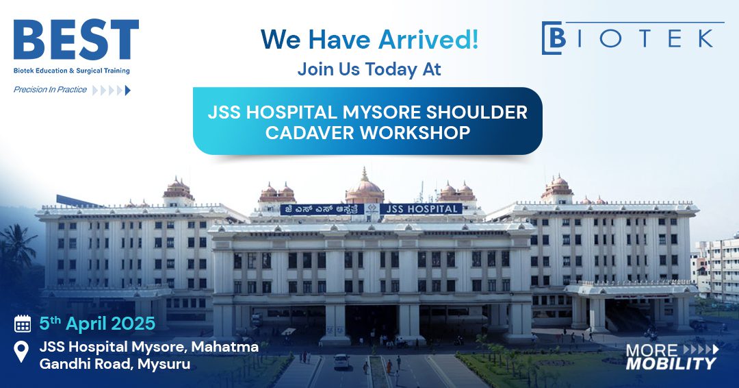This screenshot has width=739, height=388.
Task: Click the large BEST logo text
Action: (76, 40)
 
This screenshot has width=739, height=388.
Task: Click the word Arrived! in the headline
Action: (428, 39)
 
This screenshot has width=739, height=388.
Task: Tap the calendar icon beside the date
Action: (23, 324)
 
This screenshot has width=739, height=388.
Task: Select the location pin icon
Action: (22, 352)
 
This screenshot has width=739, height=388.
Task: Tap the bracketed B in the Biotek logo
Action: (554, 38)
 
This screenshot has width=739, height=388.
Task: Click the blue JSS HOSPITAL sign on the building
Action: (420, 208)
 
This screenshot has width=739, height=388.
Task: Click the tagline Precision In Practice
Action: (50, 90)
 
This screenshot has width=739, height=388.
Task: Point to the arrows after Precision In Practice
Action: (111, 90)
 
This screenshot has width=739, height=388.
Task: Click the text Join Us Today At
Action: (369, 69)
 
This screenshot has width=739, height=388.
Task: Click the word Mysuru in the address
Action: (164, 364)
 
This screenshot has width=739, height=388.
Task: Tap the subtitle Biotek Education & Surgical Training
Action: (71, 71)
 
